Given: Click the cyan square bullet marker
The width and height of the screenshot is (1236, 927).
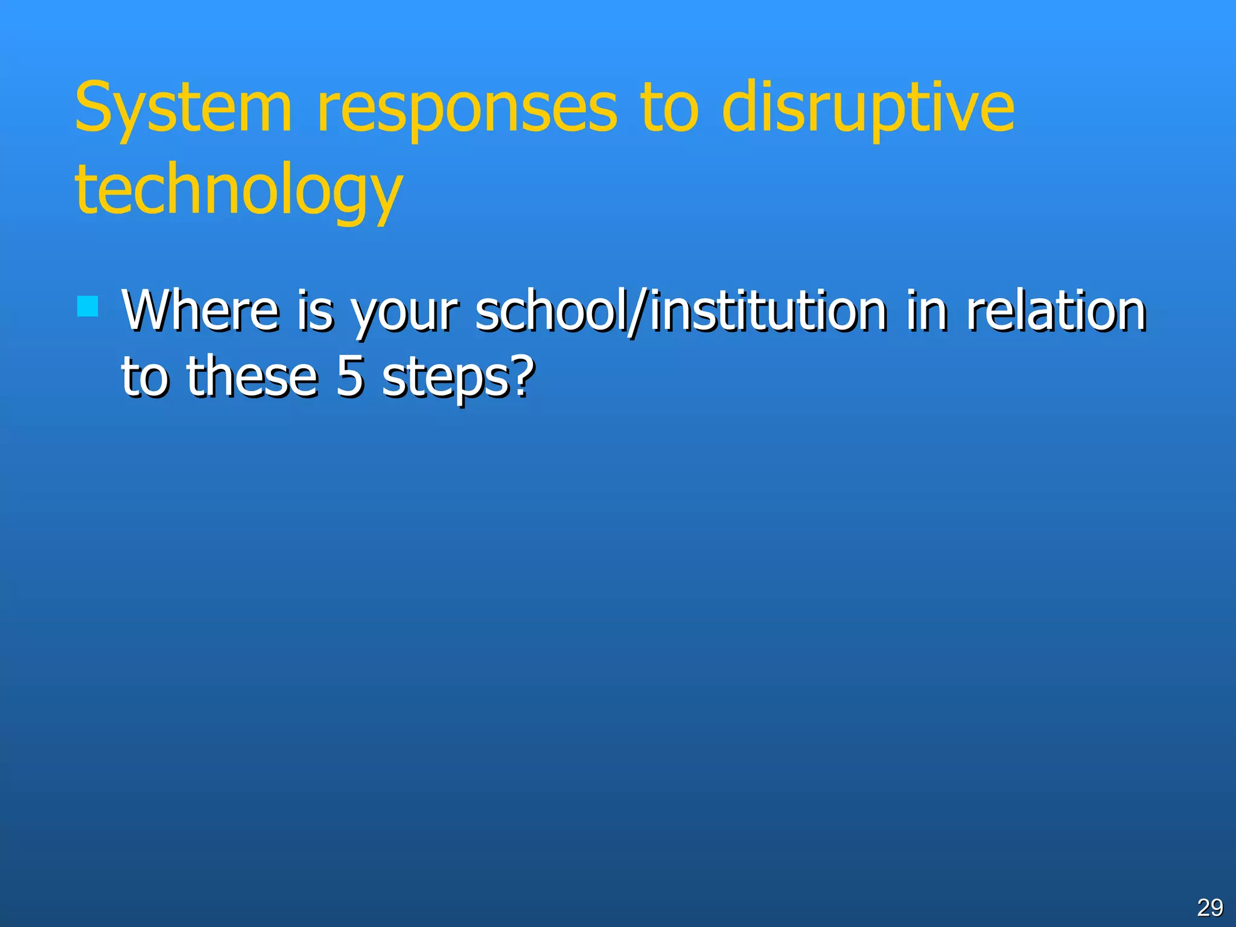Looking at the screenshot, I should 88,307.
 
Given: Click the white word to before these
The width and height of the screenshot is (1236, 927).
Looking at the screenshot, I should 144,377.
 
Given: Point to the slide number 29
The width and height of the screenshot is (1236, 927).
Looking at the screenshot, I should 1209,907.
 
